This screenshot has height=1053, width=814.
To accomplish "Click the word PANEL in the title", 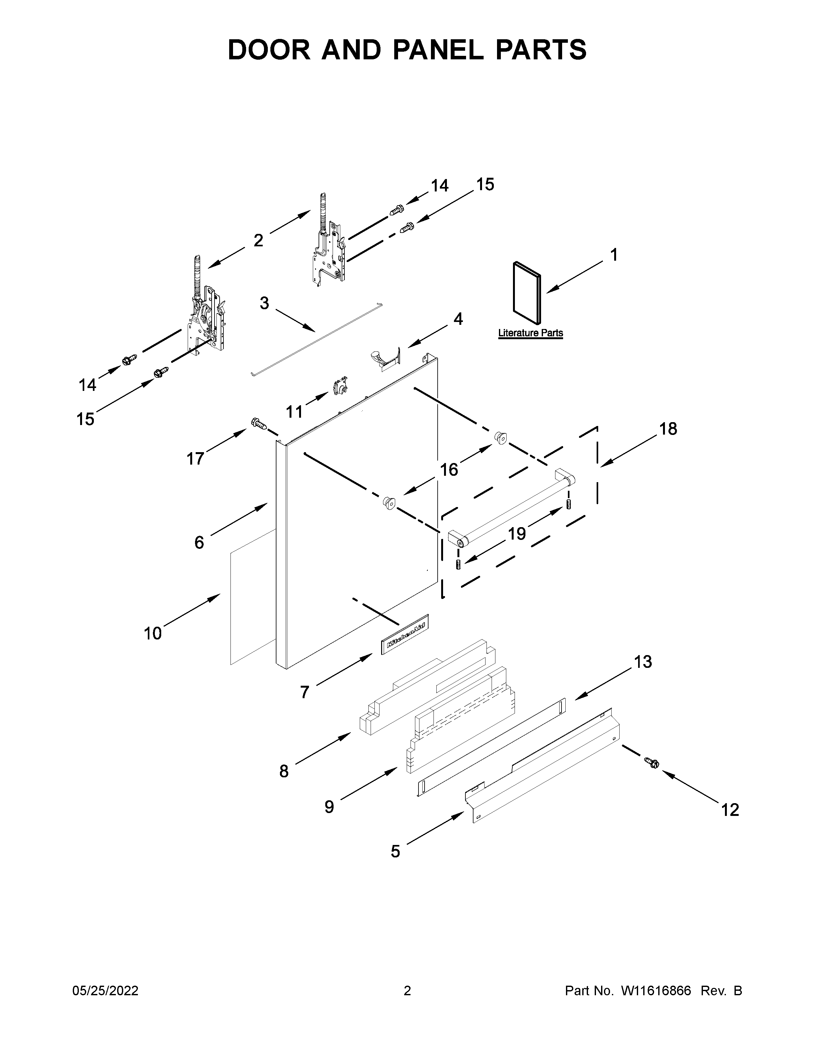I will tap(438, 50).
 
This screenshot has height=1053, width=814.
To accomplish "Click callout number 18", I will tap(668, 428).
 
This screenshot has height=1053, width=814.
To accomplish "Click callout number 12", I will tap(730, 810).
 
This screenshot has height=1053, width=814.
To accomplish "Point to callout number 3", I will tap(264, 303).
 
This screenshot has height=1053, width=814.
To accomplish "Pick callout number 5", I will tap(396, 851).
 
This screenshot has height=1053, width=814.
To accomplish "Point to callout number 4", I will tap(458, 319).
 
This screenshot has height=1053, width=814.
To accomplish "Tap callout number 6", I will tap(199, 542).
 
